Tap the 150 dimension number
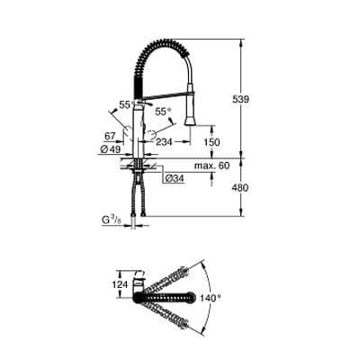tap(211, 141)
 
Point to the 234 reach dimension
tap(164, 141)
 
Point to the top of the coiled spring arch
tap(166, 41)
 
